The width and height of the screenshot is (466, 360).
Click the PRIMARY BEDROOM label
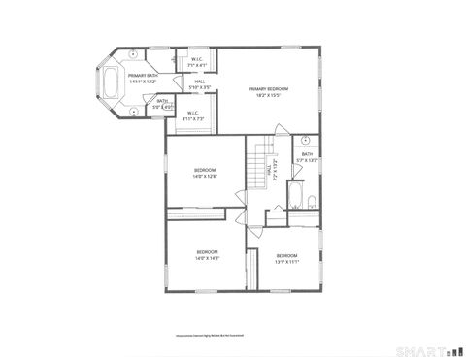[x=268, y=88]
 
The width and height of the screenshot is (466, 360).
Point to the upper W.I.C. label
[x=196, y=59]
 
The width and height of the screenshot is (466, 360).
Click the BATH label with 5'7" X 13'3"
[x=307, y=154]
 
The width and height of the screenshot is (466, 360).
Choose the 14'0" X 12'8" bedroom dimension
[x=204, y=176]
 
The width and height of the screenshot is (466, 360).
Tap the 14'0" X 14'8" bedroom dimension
[x=204, y=259]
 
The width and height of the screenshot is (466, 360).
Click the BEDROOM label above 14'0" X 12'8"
[x=204, y=169]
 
